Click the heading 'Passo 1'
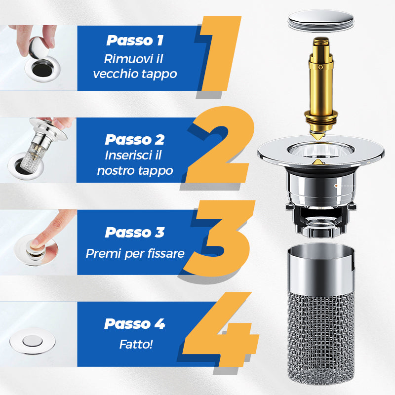tap(135, 40)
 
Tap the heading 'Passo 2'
tap(135, 139)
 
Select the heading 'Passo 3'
tap(135, 232)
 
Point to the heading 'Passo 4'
tap(135, 324)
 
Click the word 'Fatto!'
tap(136, 344)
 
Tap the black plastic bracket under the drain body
tap(320, 221)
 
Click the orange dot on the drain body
tap(336, 186)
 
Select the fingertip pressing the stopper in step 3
tap(35, 243)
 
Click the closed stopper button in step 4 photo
tap(32, 341)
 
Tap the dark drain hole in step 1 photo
tap(42, 69)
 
